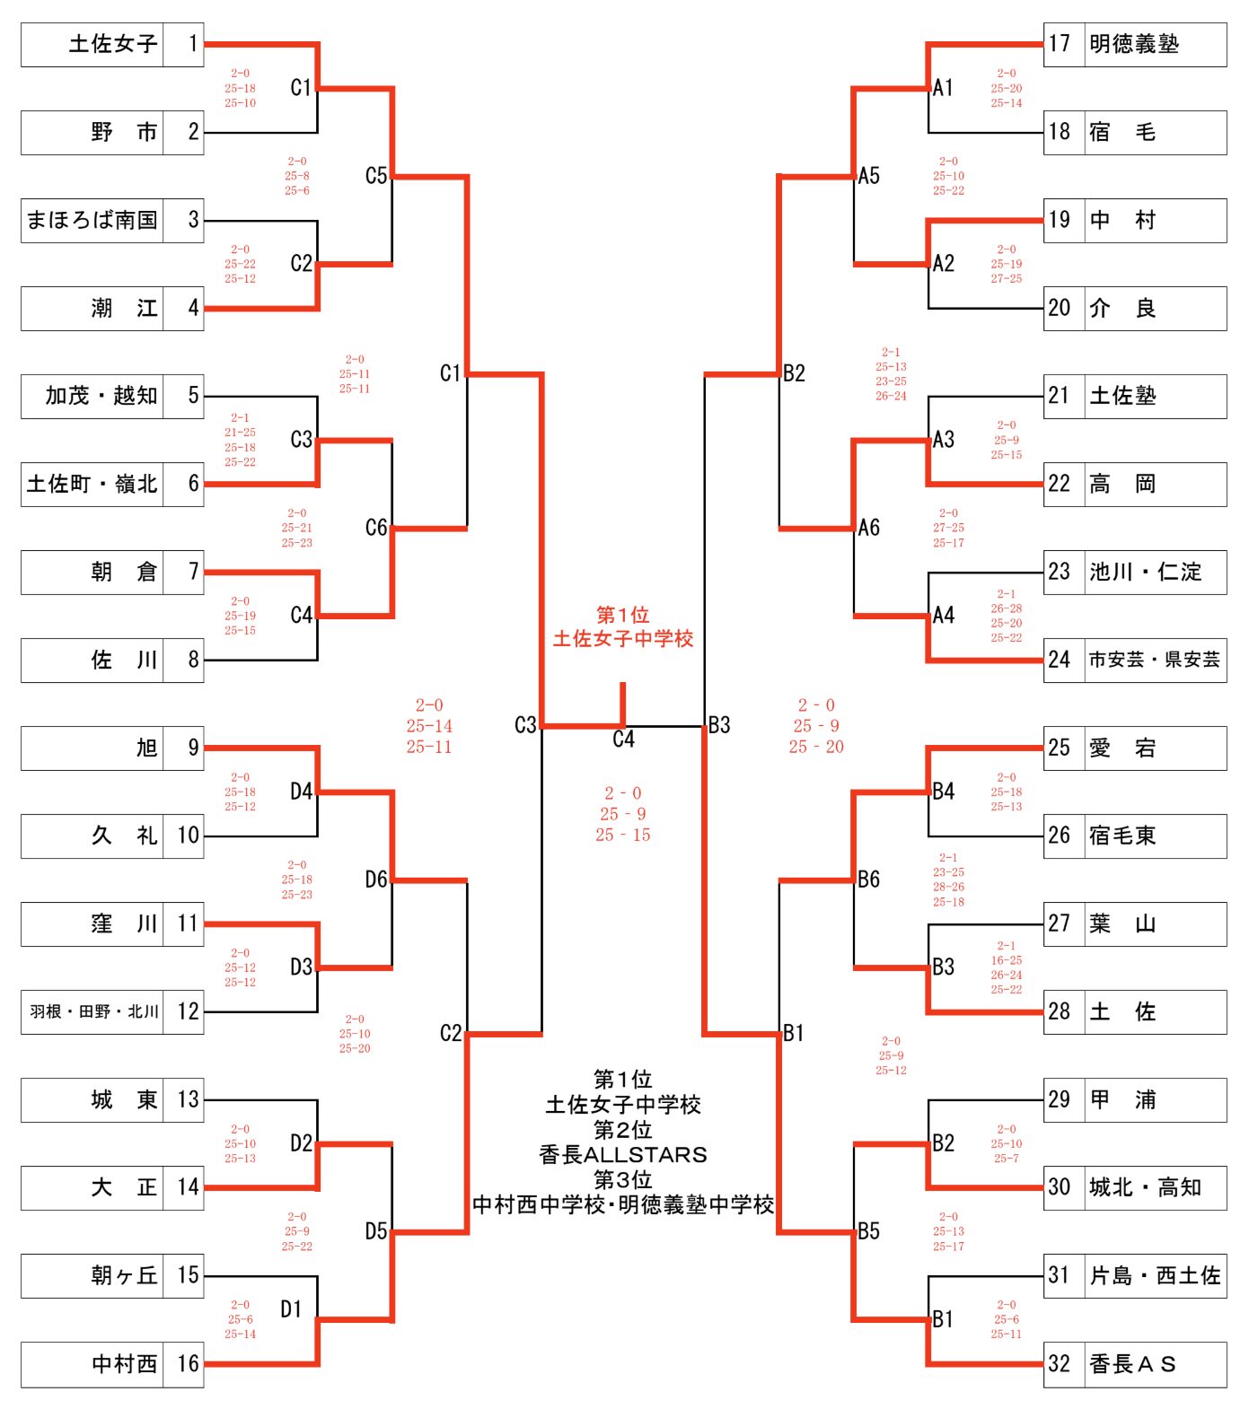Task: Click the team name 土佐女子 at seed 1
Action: coord(112,44)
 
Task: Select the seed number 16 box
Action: coord(188,1364)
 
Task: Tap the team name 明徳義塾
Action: coord(1133,44)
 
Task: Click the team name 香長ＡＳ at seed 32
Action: coord(1131,1364)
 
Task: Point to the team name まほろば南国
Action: coord(92,220)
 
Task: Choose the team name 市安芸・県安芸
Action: coord(1154,660)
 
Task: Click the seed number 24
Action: coord(1060,660)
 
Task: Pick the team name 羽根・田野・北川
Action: coord(93,1011)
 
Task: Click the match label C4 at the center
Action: coord(623,739)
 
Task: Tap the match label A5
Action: coord(868,176)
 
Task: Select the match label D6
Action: coord(376,880)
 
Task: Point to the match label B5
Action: coord(868,1231)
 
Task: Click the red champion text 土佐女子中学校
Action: coord(622,639)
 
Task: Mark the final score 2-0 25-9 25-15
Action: coord(622,814)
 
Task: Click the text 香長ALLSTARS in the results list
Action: coord(622,1154)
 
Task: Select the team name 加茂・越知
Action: coord(101,396)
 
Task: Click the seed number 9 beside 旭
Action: coord(192,748)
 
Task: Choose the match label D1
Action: coord(290,1309)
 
